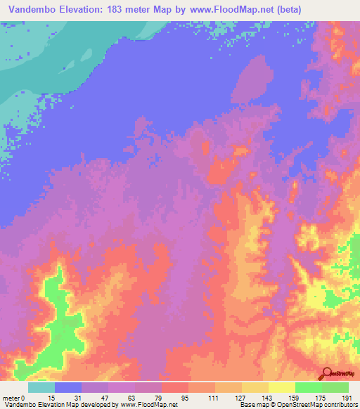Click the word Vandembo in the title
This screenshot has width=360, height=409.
click(32, 11)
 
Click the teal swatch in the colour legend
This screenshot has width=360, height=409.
click(41, 387)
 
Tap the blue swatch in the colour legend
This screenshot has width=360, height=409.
click(68, 387)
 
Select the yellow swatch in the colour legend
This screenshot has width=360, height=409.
click(282, 387)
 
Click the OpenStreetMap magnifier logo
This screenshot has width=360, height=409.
click(326, 373)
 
